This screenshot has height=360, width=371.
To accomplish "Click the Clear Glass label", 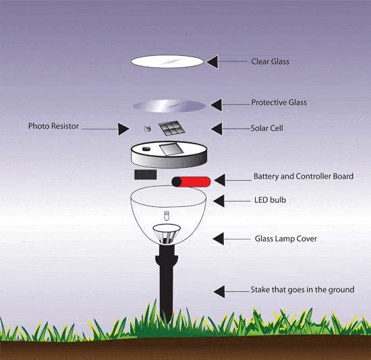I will [270, 61].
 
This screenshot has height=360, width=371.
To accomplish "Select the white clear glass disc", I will [167, 61].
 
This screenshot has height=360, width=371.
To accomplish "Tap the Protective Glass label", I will [279, 102].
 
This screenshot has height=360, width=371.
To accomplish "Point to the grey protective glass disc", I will [169, 105].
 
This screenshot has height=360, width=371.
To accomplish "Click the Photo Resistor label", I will [54, 126].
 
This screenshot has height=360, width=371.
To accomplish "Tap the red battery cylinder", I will [192, 181].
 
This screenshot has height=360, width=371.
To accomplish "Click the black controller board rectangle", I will [145, 175].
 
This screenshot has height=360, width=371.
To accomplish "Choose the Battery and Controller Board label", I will [303, 177].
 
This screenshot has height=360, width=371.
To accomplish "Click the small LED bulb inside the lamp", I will [166, 218].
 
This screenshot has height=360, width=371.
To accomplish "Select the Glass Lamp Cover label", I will [285, 239].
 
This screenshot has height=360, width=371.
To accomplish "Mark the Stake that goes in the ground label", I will [302, 290].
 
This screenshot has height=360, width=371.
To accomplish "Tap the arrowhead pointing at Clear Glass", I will [212, 61].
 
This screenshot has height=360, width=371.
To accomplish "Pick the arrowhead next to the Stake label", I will [220, 291].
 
